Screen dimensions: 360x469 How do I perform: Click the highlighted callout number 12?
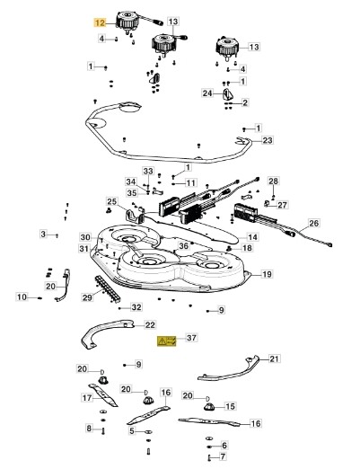100,22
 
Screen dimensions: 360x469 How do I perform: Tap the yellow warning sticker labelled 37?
167,341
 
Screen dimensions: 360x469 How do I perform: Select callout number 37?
191,338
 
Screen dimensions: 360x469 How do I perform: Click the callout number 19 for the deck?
267,274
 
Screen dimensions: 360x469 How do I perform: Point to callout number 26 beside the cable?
314,223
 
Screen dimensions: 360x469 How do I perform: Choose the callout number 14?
252,237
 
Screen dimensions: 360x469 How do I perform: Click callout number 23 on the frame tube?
268,140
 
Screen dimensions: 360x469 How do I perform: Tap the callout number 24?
207,93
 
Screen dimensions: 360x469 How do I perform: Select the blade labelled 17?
103,395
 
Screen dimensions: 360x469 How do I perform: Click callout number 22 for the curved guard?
150,325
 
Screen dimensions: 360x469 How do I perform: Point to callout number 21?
274,358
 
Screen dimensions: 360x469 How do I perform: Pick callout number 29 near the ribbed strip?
87,297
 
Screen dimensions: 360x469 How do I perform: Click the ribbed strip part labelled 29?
108,289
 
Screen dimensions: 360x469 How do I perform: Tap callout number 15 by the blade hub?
230,406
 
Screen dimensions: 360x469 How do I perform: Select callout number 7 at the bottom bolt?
223,457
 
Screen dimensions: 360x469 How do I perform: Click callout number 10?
22,297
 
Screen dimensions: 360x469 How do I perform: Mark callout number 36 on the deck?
183,246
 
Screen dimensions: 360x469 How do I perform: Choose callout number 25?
112,201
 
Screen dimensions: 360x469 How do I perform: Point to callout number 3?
43,234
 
